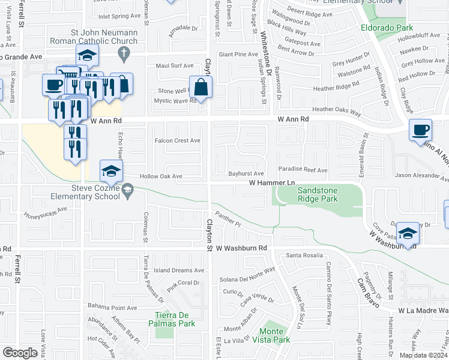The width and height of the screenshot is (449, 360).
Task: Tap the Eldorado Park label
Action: pos(387,28)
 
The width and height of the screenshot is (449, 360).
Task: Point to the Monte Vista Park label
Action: pos(275,335)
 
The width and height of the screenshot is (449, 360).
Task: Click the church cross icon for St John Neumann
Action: pos(124,54)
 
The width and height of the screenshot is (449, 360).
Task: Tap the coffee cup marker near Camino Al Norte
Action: pos(420,130)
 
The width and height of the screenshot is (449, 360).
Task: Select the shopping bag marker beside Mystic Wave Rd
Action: pos(200,87)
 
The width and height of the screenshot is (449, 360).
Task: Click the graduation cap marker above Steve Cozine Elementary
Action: pos(111,171)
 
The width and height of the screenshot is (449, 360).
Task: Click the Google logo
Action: pos(20,353)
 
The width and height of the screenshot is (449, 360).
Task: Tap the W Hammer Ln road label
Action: pos(273,182)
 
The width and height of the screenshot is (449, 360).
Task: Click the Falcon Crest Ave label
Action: pos(177,140)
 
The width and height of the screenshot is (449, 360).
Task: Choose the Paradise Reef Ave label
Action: pos(303,170)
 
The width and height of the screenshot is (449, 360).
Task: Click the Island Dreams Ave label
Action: pos(179,271)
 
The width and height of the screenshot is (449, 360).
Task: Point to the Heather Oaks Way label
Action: pos(336,110)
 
